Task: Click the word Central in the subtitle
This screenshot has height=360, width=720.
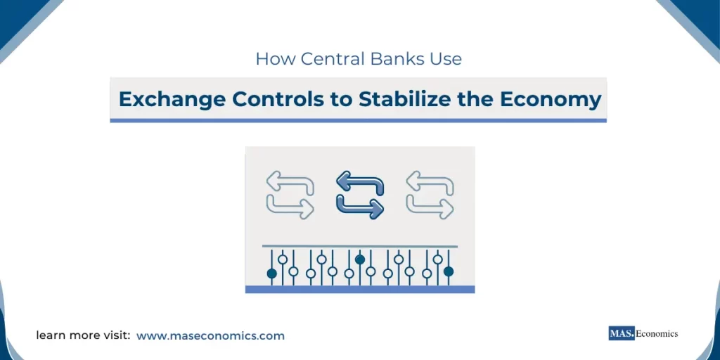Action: click(333, 58)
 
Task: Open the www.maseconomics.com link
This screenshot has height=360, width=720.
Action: click(210, 335)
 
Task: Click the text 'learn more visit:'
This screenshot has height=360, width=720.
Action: click(83, 335)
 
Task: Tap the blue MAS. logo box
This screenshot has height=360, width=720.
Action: click(622, 333)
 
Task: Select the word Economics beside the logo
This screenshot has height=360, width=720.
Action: click(657, 333)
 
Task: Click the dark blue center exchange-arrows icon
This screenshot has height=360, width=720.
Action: click(360, 195)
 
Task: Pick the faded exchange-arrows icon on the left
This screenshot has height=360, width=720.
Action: click(290, 195)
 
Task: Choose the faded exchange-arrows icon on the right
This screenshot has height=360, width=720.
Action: click(430, 195)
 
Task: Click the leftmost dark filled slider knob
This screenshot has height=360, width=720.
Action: click(271, 273)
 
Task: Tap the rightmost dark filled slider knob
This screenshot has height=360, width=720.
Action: click(449, 271)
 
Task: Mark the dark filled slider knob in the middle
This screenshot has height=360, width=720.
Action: click(360, 259)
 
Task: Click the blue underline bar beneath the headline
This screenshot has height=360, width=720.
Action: click(358, 120)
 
